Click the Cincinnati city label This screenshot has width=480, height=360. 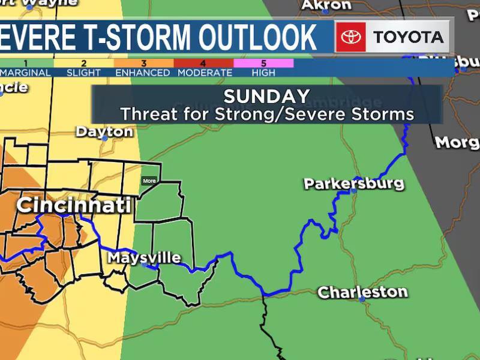[73, 205]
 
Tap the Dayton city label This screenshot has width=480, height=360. [104, 131]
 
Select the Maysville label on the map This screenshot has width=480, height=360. [144, 258]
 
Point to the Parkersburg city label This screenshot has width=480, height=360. [354, 183]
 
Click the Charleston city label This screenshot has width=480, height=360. [362, 292]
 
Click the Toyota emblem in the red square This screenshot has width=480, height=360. [350, 37]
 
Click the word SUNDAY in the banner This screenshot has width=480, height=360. [266, 96]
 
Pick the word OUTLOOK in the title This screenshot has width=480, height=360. [258, 37]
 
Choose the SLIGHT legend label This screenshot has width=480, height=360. [83, 73]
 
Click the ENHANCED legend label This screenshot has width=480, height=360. [143, 73]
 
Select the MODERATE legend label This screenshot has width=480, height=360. [204, 73]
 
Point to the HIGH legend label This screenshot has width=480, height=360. [263, 73]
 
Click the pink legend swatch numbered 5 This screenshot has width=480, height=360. [263, 63]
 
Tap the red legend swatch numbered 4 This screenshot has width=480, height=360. [203, 63]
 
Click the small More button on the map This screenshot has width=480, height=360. [149, 181]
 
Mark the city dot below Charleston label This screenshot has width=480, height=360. [362, 299]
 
